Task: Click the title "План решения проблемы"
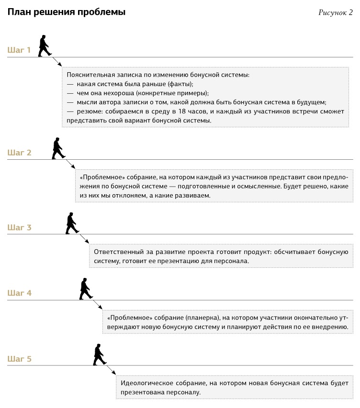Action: pos(67,12)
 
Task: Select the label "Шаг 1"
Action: pos(19,50)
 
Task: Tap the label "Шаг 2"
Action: pos(19,153)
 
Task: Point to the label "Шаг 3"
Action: pos(19,227)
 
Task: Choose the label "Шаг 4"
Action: pos(19,293)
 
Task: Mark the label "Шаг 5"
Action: pos(19,358)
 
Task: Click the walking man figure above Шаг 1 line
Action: pos(45,46)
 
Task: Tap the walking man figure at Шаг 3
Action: pos(72,223)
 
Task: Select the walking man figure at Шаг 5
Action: pos(99,354)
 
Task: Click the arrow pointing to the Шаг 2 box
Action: pos(70,164)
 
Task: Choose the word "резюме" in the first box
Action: pos(89,111)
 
